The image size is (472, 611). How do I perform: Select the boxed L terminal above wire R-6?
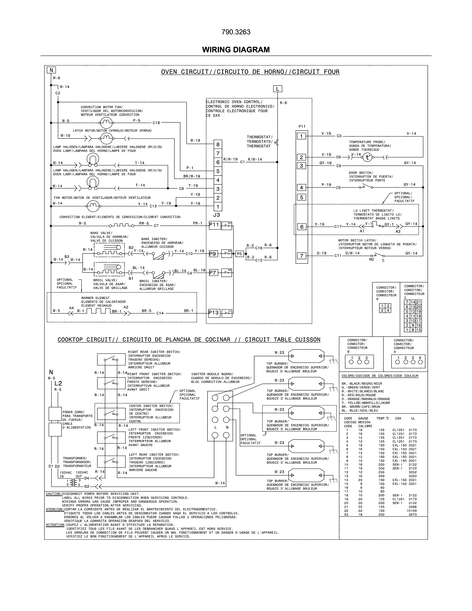click(x=277, y=89)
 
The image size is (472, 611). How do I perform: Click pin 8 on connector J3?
click(x=218, y=145)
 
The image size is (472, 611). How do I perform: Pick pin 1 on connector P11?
click(x=301, y=136)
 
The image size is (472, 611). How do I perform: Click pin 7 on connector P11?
click(x=301, y=256)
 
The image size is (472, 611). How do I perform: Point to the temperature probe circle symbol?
click(x=367, y=158)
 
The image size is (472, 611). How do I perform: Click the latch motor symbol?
click(x=106, y=138)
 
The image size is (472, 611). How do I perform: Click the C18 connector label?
click(x=156, y=123)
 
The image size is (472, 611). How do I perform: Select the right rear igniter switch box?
click(x=111, y=359)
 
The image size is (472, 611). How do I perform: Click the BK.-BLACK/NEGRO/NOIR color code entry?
click(x=361, y=384)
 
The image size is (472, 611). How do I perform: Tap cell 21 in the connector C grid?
click(x=419, y=302)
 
